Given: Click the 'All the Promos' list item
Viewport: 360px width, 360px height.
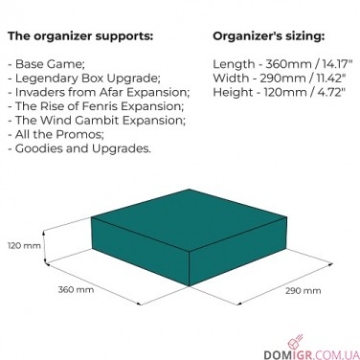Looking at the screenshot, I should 58,135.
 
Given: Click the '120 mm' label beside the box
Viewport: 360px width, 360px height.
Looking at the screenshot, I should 25,246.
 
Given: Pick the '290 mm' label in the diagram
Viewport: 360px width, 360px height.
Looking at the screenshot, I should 300,290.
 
